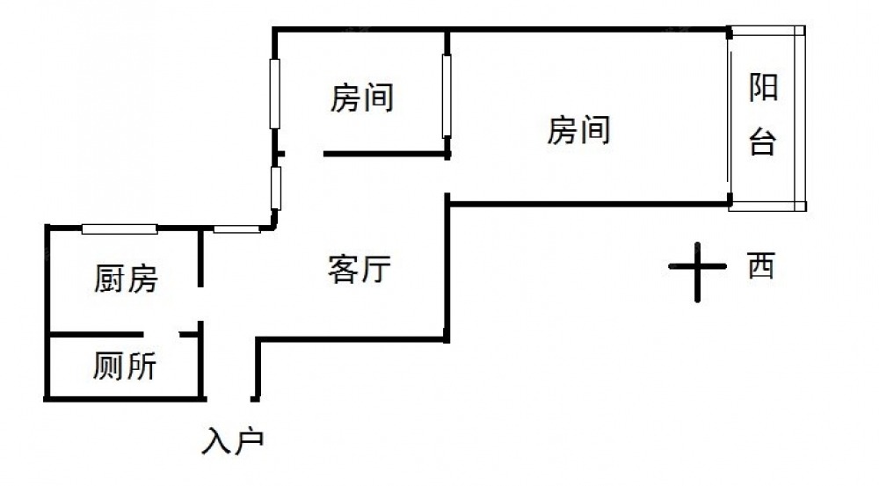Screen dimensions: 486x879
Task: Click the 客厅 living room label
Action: [359, 269]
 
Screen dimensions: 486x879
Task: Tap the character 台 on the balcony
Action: [762, 141]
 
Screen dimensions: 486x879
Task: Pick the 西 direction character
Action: [760, 265]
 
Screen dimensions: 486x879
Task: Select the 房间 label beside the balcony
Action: [578, 131]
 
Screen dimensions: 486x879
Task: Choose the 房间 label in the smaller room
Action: [361, 98]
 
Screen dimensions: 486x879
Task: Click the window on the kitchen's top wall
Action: [120, 229]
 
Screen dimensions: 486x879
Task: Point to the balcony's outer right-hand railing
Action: [799, 118]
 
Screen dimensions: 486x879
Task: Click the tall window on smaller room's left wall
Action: [275, 93]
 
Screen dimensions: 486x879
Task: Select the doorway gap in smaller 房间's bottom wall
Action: [304, 155]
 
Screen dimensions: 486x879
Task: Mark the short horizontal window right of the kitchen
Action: [236, 229]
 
